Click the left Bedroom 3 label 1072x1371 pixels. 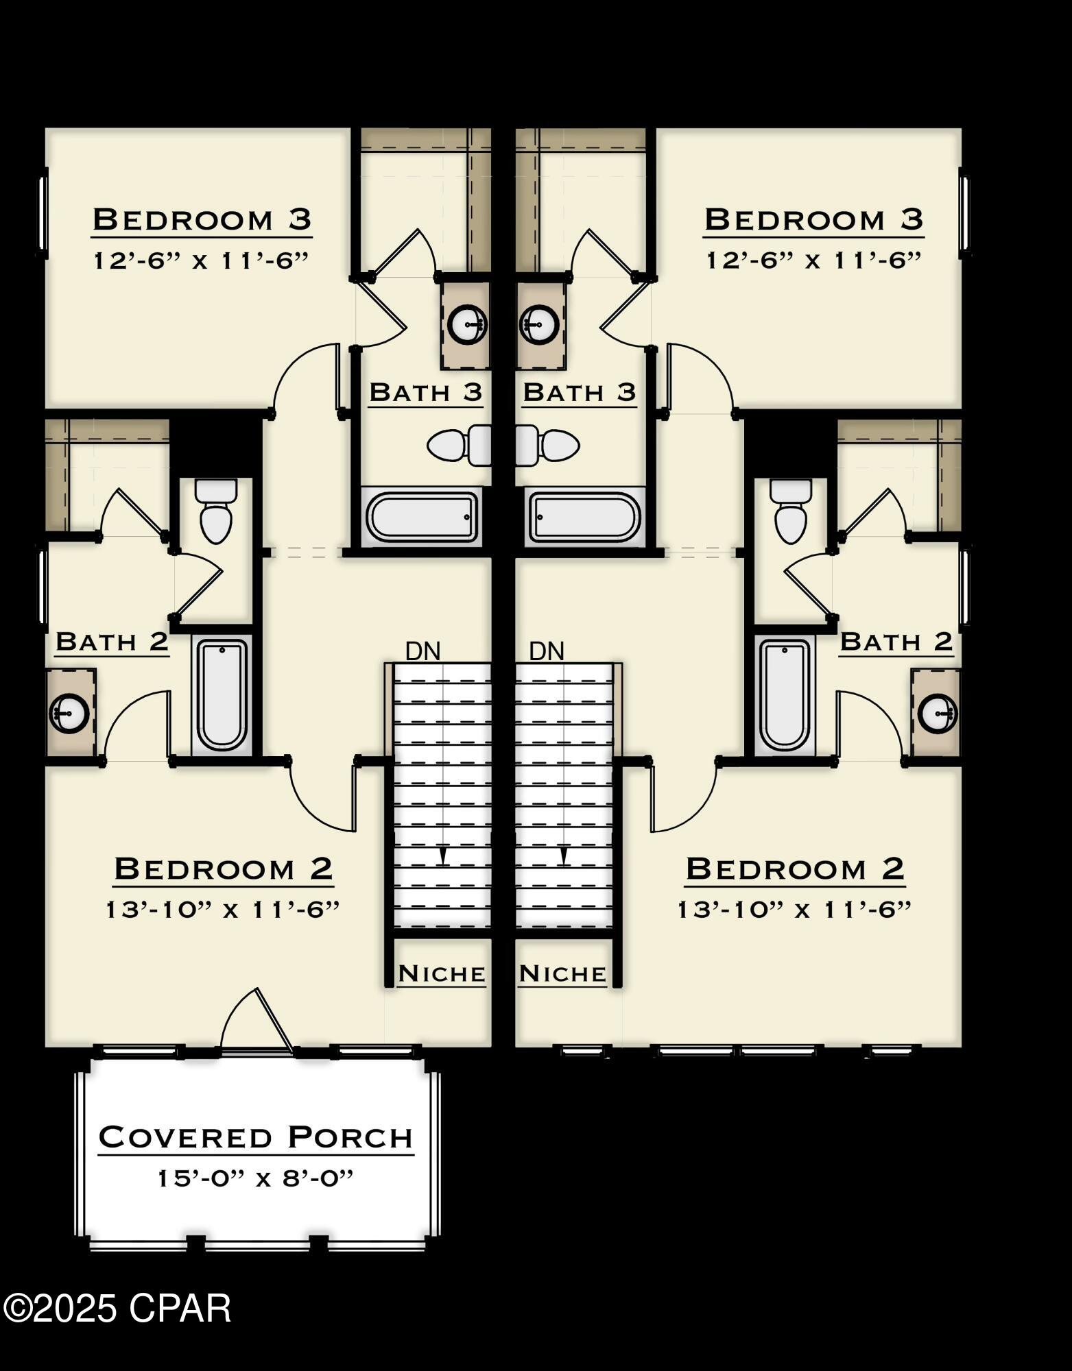tap(202, 220)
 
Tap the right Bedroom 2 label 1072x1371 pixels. tap(795, 869)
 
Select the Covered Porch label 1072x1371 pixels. tap(256, 1138)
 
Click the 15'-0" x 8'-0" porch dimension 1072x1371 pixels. tap(256, 1179)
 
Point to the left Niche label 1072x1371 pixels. tap(442, 973)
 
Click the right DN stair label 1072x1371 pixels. tap(547, 651)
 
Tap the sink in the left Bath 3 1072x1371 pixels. tap(467, 322)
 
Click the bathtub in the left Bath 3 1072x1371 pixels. tap(422, 516)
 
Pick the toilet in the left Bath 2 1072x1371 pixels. tap(216, 511)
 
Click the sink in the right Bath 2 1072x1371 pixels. tap(938, 713)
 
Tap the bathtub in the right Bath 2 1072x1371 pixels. tap(785, 695)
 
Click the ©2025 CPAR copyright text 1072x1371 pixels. tap(117, 1308)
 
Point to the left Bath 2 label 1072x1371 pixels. tap(112, 642)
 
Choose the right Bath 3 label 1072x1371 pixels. tap(580, 393)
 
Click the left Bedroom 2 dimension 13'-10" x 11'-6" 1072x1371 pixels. tap(223, 910)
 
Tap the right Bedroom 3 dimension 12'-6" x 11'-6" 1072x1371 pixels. tap(813, 260)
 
